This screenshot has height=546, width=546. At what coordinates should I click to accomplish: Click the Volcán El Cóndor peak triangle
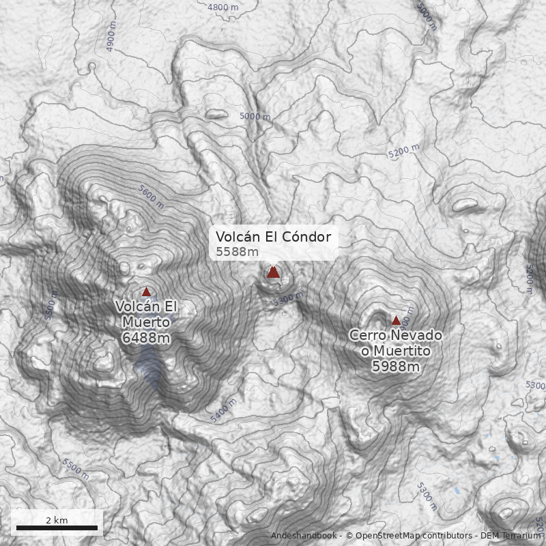(274, 272)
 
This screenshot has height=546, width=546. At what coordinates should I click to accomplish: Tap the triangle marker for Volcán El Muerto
(146, 291)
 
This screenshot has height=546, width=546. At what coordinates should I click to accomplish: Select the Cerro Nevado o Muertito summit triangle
(396, 320)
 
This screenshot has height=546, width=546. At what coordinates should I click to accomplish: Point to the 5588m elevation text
(237, 252)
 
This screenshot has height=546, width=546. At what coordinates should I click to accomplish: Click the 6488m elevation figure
(146, 337)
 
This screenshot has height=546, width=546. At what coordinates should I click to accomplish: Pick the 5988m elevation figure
(395, 367)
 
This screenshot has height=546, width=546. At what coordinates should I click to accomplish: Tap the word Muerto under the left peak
(146, 321)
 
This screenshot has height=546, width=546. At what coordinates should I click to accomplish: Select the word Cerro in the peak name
(370, 335)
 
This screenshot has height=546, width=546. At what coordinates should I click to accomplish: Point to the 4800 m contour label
(222, 8)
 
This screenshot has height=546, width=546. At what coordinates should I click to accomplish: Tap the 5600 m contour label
(151, 197)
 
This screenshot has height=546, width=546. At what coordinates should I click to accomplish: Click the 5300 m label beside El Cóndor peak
(287, 298)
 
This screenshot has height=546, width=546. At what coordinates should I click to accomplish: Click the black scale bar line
(57, 528)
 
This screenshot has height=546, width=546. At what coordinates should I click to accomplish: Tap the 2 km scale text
(57, 520)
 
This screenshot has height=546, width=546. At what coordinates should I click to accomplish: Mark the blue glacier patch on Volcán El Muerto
(149, 367)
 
